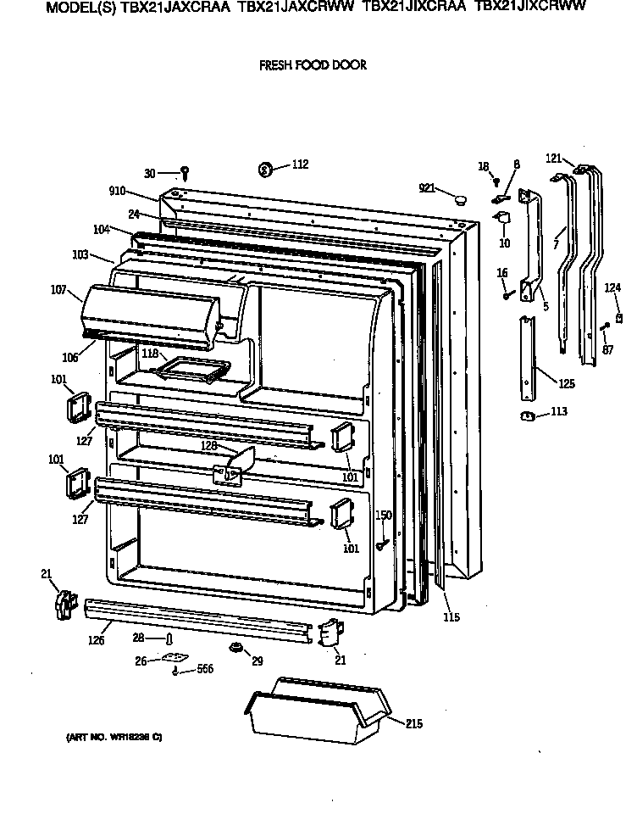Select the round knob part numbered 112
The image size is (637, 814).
pyautogui.click(x=265, y=170)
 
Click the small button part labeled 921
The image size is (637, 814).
pyautogui.click(x=462, y=200)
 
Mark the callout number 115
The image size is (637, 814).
pyautogui.click(x=451, y=617)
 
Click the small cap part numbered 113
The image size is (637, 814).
pyautogui.click(x=525, y=415)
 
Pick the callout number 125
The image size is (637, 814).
pyautogui.click(x=566, y=383)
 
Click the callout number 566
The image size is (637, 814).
pyautogui.click(x=204, y=670)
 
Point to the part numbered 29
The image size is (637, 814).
pyautogui.click(x=235, y=649)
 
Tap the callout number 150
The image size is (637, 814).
pyautogui.click(x=383, y=516)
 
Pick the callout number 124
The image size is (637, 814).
pyautogui.click(x=612, y=288)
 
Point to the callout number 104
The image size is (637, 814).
pyautogui.click(x=102, y=229)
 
